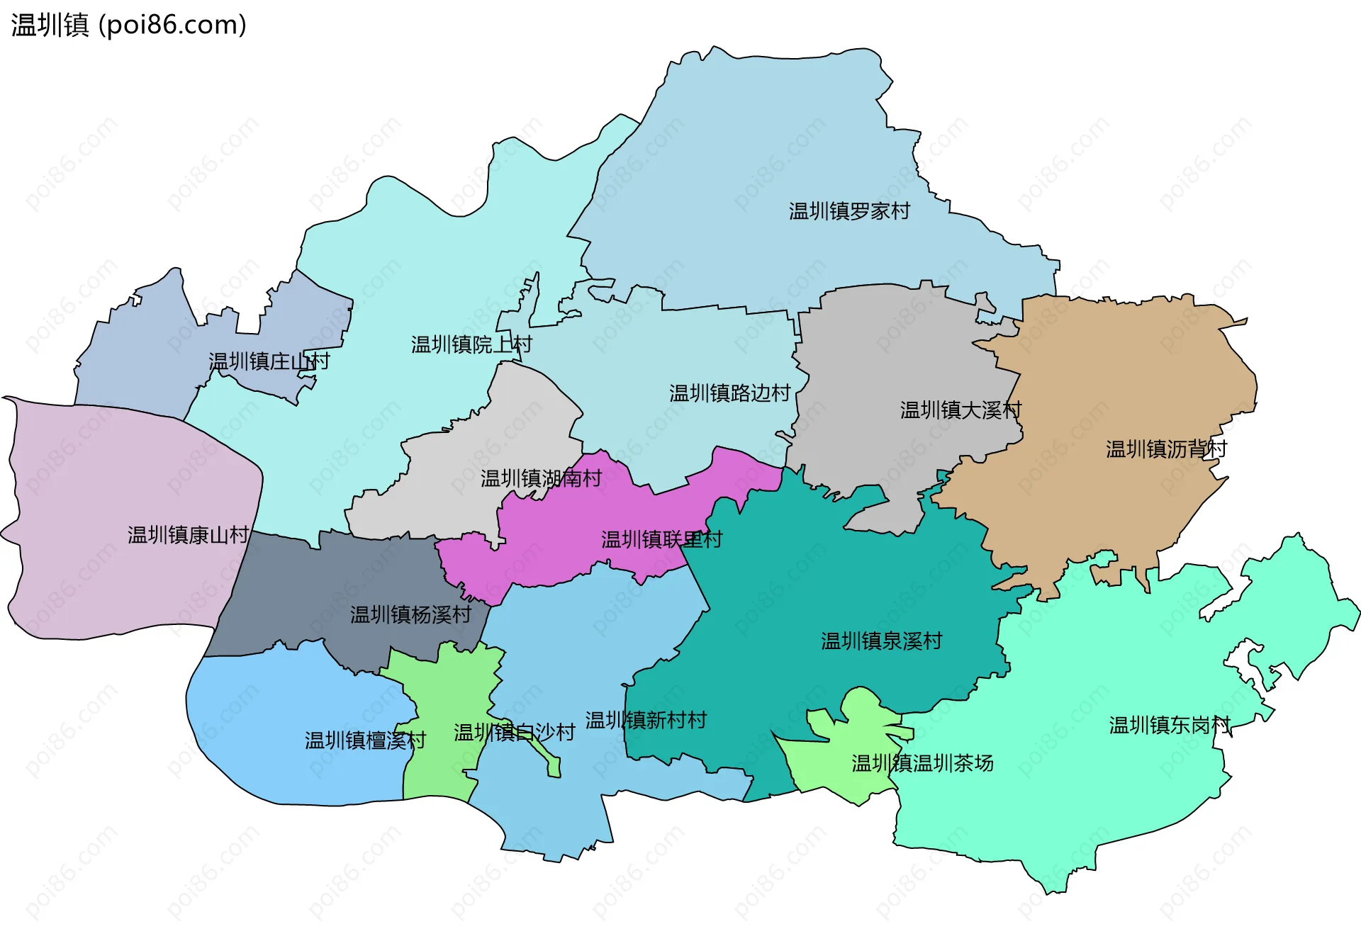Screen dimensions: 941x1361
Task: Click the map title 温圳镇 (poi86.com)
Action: pos(128,25)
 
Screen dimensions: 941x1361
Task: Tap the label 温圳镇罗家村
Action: pos(849,211)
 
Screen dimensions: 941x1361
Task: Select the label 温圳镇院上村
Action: pos(471,345)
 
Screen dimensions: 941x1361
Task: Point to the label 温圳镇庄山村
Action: pos(269,361)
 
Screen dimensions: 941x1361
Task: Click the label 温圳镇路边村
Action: pos(729,393)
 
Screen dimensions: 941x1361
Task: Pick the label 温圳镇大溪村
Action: pos(960,410)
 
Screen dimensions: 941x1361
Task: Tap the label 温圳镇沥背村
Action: pos(1166,449)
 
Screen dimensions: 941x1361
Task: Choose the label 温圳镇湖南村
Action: pos(541,479)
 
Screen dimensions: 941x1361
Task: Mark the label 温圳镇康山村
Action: pos(188,535)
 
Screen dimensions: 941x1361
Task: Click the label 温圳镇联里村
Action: pos(661,540)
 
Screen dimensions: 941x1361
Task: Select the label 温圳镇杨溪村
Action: pos(410,615)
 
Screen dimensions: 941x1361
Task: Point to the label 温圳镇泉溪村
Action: pos(881,641)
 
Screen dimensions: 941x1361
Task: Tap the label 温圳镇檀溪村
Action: pos(365,741)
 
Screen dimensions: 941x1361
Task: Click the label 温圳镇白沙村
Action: pos(514,733)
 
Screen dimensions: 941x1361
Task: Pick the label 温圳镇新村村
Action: pos(646,721)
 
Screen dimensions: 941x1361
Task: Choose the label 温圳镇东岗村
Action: pos(1170,726)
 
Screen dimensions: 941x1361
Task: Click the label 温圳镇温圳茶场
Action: pos(922,764)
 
